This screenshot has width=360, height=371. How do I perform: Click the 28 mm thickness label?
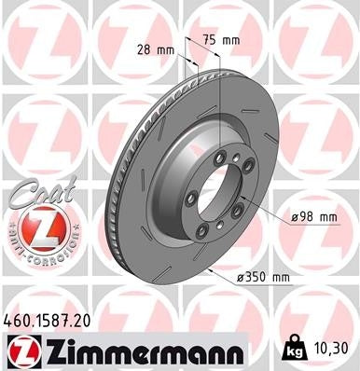[155, 48]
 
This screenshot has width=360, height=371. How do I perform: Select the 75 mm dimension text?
[221, 41]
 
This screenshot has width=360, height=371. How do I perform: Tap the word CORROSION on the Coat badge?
[46, 253]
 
